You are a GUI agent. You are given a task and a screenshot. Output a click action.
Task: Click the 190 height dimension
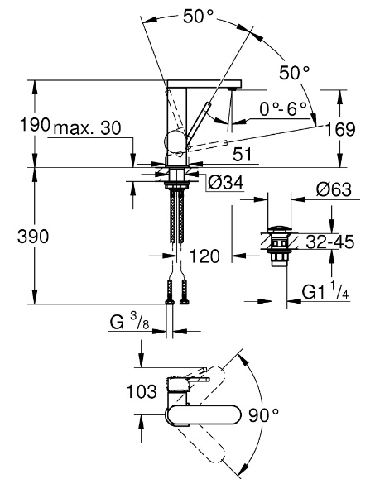click(35, 125)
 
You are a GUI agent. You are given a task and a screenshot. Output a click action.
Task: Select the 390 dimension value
click(33, 237)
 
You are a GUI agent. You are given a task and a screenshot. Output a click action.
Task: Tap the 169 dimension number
click(340, 129)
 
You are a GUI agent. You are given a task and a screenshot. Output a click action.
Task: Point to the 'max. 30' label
click(87, 128)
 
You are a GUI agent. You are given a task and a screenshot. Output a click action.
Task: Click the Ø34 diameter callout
click(225, 183)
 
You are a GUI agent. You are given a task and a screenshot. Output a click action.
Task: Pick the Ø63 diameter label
click(334, 189)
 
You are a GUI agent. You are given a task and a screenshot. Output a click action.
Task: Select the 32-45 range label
click(329, 242)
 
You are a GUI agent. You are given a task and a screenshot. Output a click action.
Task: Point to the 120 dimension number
click(204, 256)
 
